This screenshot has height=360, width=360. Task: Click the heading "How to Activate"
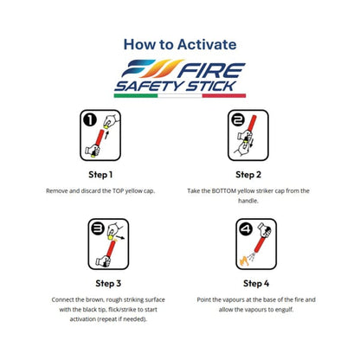pyautogui.click(x=179, y=44)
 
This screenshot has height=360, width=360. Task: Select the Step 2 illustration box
pyautogui.click(x=255, y=138)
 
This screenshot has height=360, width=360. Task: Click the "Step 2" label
pyautogui.click(x=255, y=174)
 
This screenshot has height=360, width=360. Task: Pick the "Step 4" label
pyautogui.click(x=255, y=282)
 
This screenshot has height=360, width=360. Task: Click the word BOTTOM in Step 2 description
pyautogui.click(x=226, y=190)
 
